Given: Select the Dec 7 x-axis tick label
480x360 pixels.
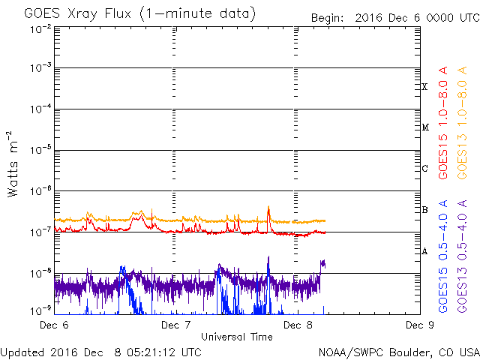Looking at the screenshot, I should click(175, 325).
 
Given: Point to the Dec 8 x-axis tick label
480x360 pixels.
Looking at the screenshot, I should click(298, 325).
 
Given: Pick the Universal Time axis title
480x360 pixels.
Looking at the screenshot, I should click(236, 337).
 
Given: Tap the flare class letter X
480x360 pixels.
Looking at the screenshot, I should click(424, 87).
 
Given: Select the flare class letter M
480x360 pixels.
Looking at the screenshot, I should click(424, 127).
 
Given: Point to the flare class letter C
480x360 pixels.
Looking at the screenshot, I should click(424, 169).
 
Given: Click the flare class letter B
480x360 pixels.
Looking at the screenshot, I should click(424, 210).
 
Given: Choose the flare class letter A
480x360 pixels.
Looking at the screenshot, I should click(424, 251).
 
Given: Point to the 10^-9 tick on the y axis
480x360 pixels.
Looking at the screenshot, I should click(40, 309).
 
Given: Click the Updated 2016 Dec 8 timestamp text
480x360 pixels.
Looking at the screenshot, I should click(100, 352).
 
